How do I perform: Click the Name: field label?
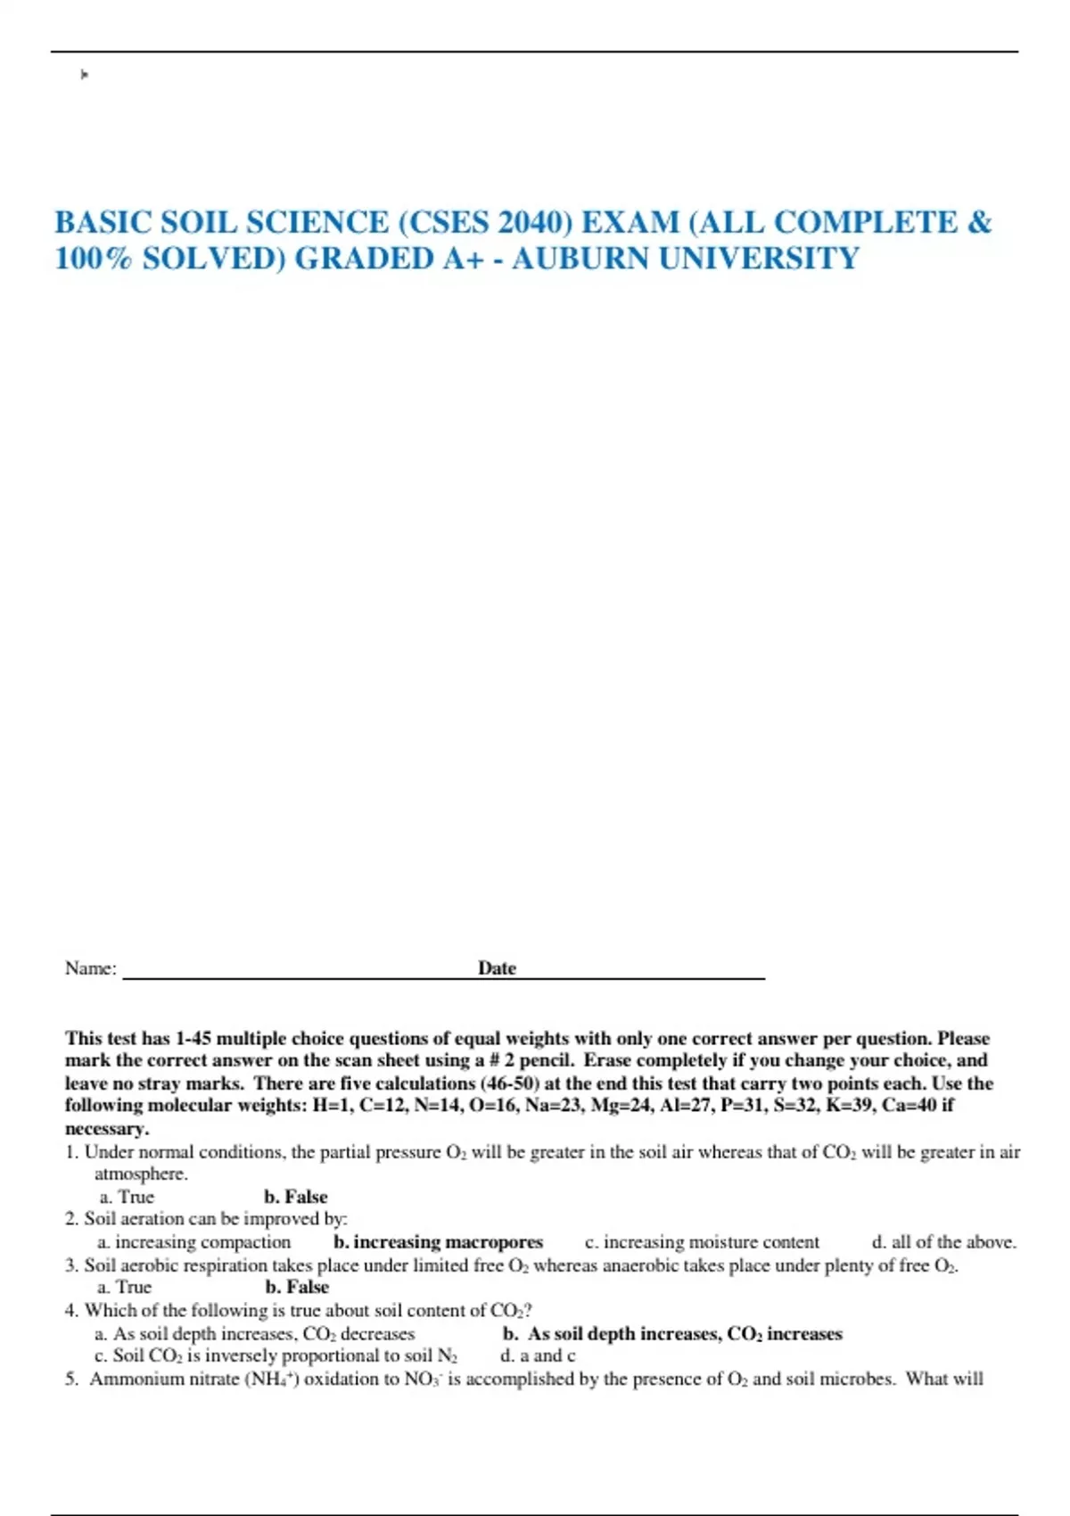pyautogui.click(x=91, y=968)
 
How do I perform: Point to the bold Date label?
pyautogui.click(x=497, y=968)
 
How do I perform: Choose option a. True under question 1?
pyautogui.click(x=127, y=1197)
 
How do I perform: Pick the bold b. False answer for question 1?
pyautogui.click(x=296, y=1197)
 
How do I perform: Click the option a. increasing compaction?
pyautogui.click(x=194, y=1242)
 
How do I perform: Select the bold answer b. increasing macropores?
pyautogui.click(x=438, y=1242)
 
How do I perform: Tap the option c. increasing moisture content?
pyautogui.click(x=702, y=1242)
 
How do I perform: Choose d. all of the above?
pyautogui.click(x=943, y=1242)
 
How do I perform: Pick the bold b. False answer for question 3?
pyautogui.click(x=297, y=1287)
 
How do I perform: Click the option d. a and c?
pyautogui.click(x=538, y=1356)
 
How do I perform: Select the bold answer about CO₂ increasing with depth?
pyautogui.click(x=672, y=1334)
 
